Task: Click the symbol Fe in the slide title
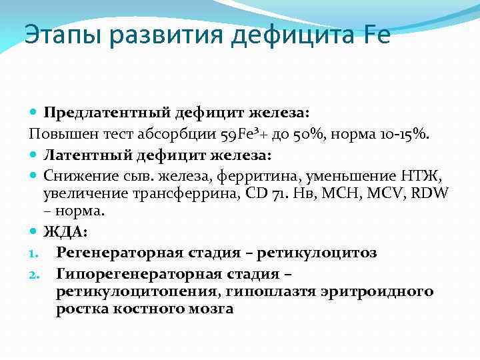[x=376, y=33]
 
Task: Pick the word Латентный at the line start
[x=84, y=155]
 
